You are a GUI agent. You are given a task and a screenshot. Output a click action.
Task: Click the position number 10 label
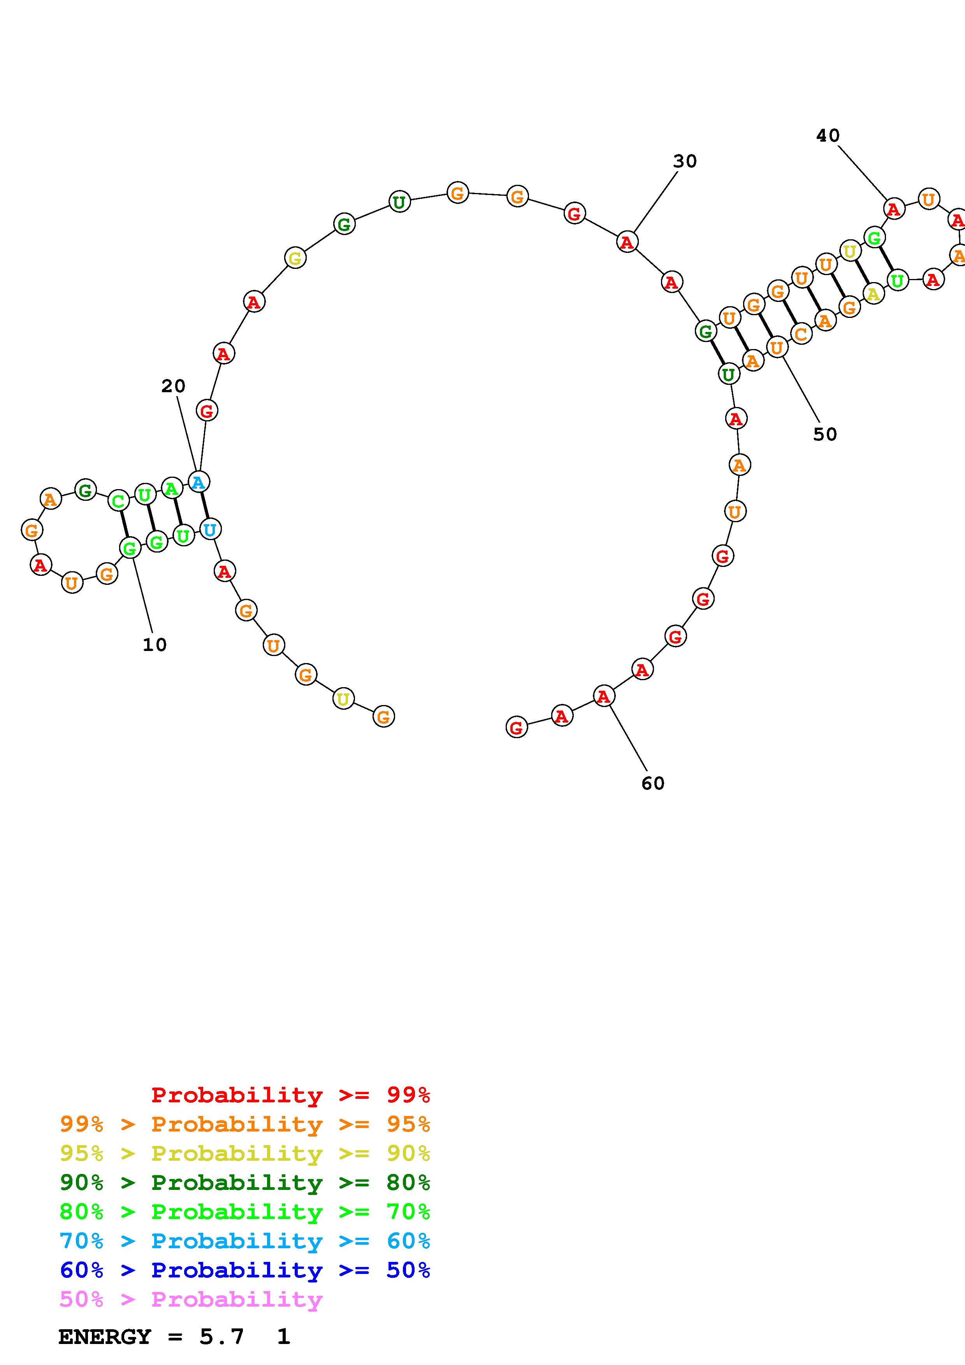155,644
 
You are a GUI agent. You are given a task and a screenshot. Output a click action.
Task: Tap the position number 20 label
173,386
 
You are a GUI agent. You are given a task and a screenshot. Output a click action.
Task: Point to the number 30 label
685,161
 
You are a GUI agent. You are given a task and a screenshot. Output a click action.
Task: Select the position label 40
828,136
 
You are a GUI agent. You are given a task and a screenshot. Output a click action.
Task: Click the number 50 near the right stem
825,435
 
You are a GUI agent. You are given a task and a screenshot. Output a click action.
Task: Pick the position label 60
653,784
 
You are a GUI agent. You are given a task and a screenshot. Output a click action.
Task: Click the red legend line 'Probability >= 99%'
291,1095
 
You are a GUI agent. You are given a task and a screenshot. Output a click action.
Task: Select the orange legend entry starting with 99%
245,1124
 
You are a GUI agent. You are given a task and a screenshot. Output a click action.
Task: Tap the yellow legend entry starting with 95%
245,1153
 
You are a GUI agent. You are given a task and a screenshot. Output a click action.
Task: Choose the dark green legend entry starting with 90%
245,1183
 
